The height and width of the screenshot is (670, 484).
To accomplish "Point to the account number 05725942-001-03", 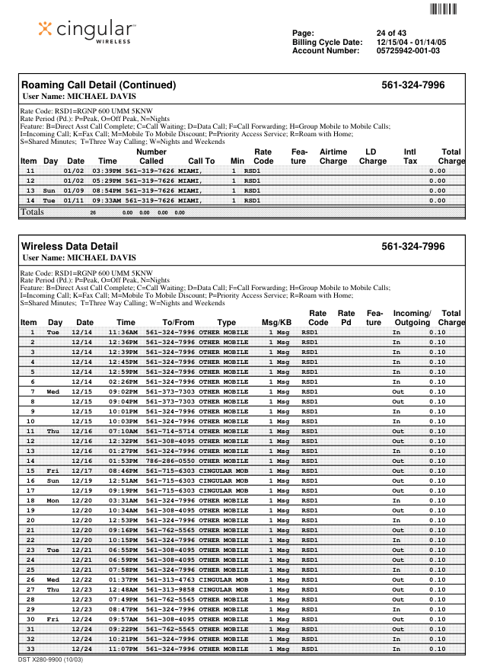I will (x=408, y=51).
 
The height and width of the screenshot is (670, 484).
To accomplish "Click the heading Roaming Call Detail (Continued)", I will (x=98, y=85).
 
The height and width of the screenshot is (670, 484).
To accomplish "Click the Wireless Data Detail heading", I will (x=69, y=247).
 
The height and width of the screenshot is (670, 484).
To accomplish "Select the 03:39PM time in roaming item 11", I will (x=107, y=171).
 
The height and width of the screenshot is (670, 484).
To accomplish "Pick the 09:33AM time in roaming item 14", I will (x=107, y=201).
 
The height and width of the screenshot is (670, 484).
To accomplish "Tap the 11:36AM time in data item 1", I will (x=123, y=333).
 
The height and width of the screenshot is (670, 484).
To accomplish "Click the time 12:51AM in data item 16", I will (x=123, y=480).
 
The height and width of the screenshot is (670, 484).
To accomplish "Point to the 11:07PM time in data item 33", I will (x=123, y=649).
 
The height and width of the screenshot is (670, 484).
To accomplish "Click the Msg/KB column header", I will (x=276, y=323).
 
